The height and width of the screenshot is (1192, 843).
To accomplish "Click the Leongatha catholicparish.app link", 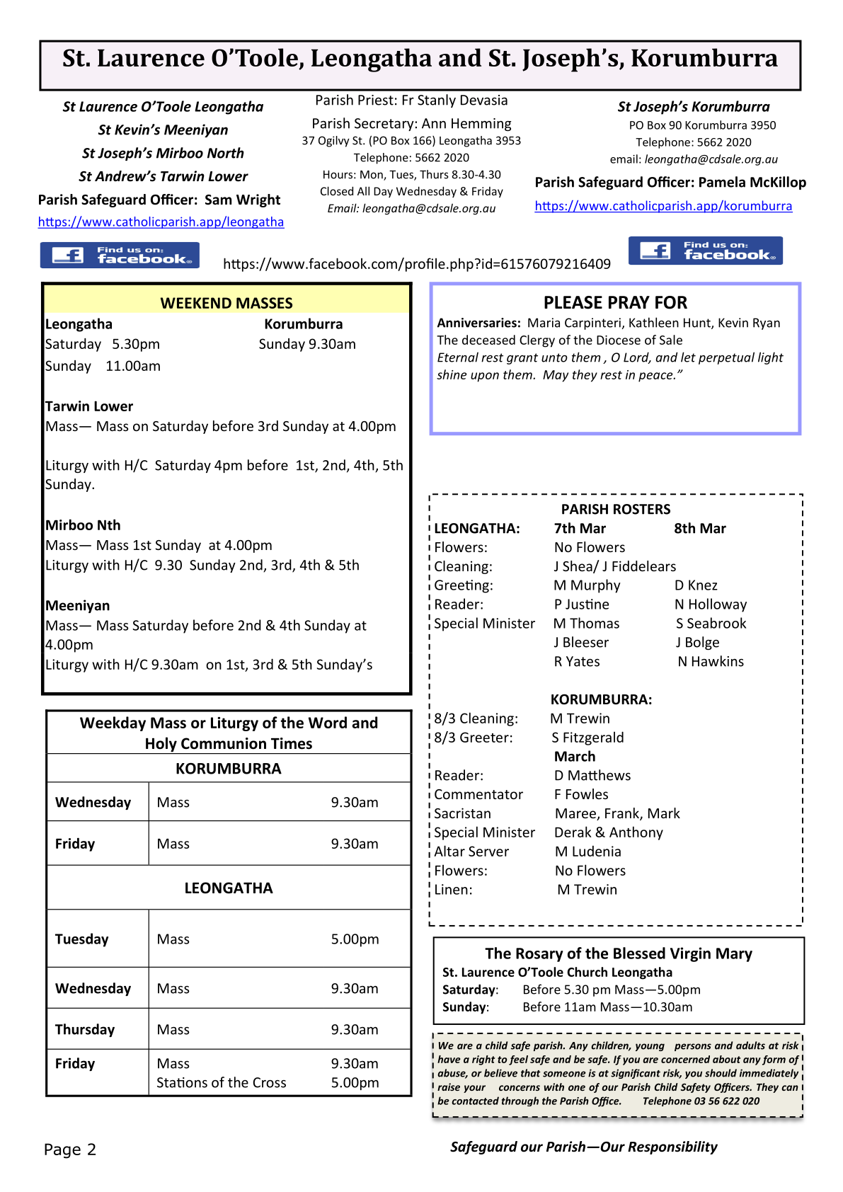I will click(161, 222).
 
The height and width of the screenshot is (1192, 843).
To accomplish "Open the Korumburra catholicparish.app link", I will click(663, 206).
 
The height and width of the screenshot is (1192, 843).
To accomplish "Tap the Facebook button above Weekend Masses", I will click(120, 255).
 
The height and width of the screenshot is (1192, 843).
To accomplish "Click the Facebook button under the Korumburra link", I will click(705, 251).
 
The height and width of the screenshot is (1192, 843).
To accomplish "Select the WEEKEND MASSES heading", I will click(226, 303).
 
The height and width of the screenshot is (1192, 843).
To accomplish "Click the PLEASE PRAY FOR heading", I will click(615, 303).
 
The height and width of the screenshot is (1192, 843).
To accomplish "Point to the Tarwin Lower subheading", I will click(89, 406).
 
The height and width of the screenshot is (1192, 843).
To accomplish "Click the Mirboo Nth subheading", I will click(83, 525).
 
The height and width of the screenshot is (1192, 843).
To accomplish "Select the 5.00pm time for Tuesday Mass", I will click(355, 939).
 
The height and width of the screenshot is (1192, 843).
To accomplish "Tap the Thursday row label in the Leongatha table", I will click(85, 1029).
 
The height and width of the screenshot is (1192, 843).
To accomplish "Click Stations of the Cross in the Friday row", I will click(222, 1082).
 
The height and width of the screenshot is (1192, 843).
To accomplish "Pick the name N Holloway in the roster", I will click(711, 604).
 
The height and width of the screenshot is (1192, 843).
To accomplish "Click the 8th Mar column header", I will click(699, 529).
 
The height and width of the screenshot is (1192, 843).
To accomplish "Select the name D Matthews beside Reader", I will click(592, 776).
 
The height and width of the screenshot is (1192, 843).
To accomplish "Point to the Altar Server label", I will click(471, 852).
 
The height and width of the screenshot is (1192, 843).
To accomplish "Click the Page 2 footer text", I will click(70, 1150).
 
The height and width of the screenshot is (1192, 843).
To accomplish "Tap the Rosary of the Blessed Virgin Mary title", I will click(618, 953).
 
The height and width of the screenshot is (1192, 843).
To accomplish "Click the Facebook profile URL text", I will click(417, 264).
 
